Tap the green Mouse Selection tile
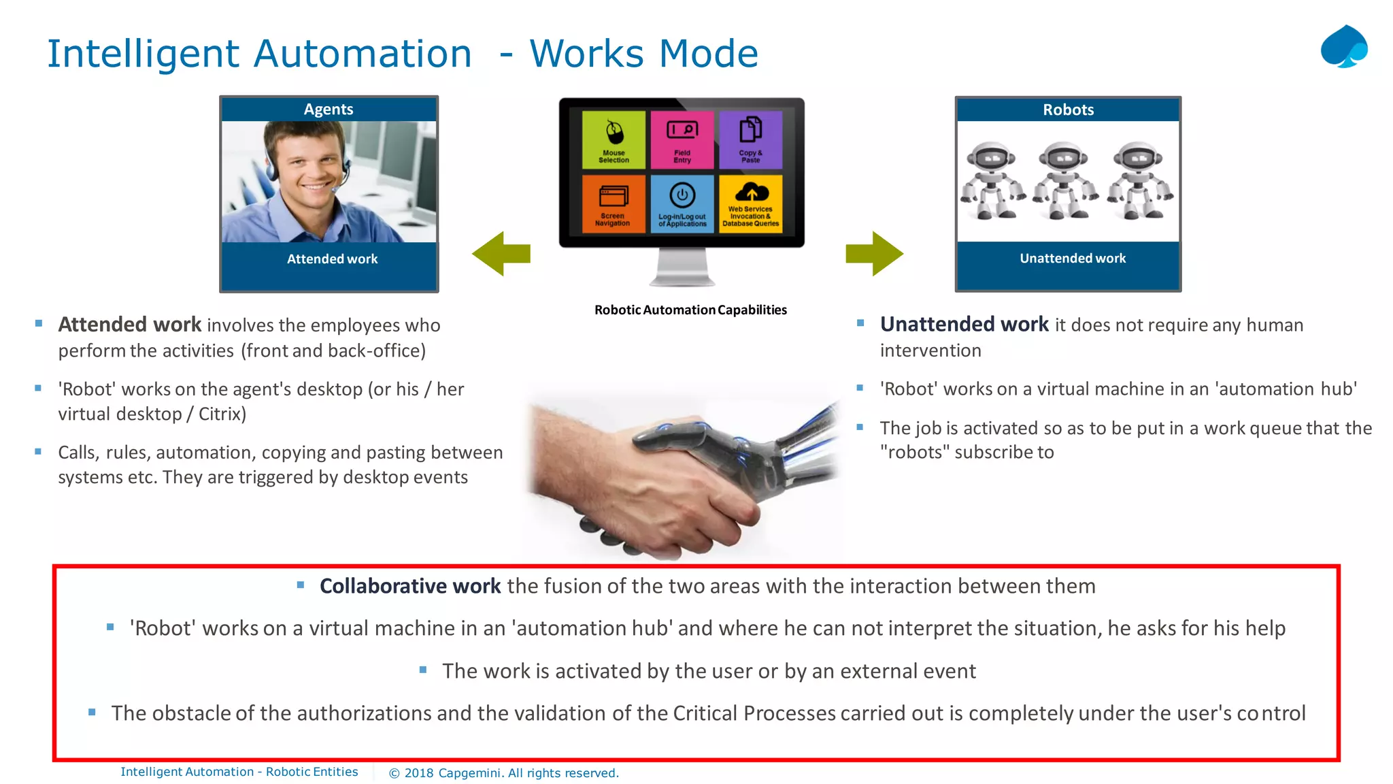pos(614,140)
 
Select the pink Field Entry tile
pos(682,140)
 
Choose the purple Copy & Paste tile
pos(750,140)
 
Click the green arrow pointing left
pos(501,254)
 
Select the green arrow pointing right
pos(874,254)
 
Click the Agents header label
pos(329,110)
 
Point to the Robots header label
pos(1068,110)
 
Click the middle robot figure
pos(1065,181)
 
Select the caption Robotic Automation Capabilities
pos(690,310)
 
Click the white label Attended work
pos(332,259)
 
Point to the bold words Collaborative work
pos(410,586)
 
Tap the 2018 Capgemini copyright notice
pos(503,773)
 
